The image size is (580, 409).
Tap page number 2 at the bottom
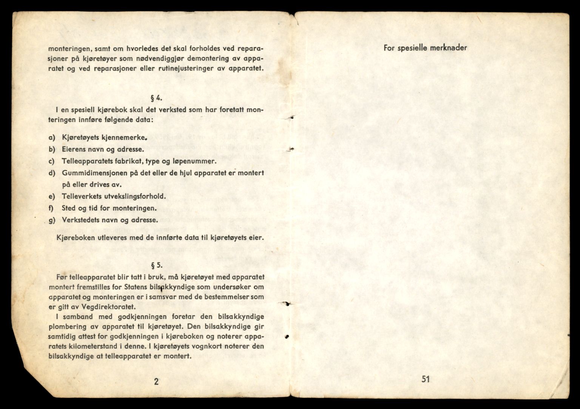156,381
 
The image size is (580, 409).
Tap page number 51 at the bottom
425,379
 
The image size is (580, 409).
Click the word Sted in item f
69,208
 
